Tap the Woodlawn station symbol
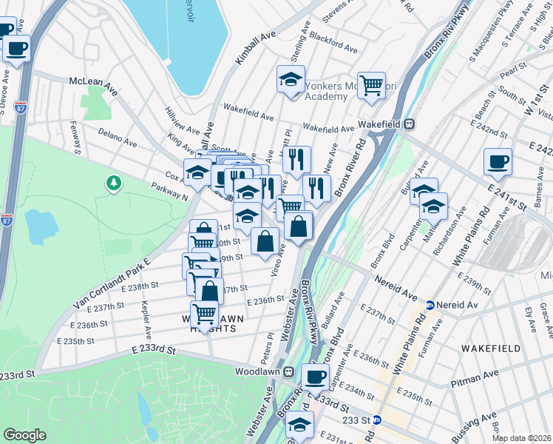[289, 371]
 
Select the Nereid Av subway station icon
[430, 304]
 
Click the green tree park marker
[113, 182]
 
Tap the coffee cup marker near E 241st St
[498, 161]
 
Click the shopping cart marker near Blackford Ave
[370, 84]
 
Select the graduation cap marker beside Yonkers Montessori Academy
[291, 79]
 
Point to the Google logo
[24, 434]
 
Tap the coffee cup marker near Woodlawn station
[316, 377]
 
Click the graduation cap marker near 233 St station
[300, 425]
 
